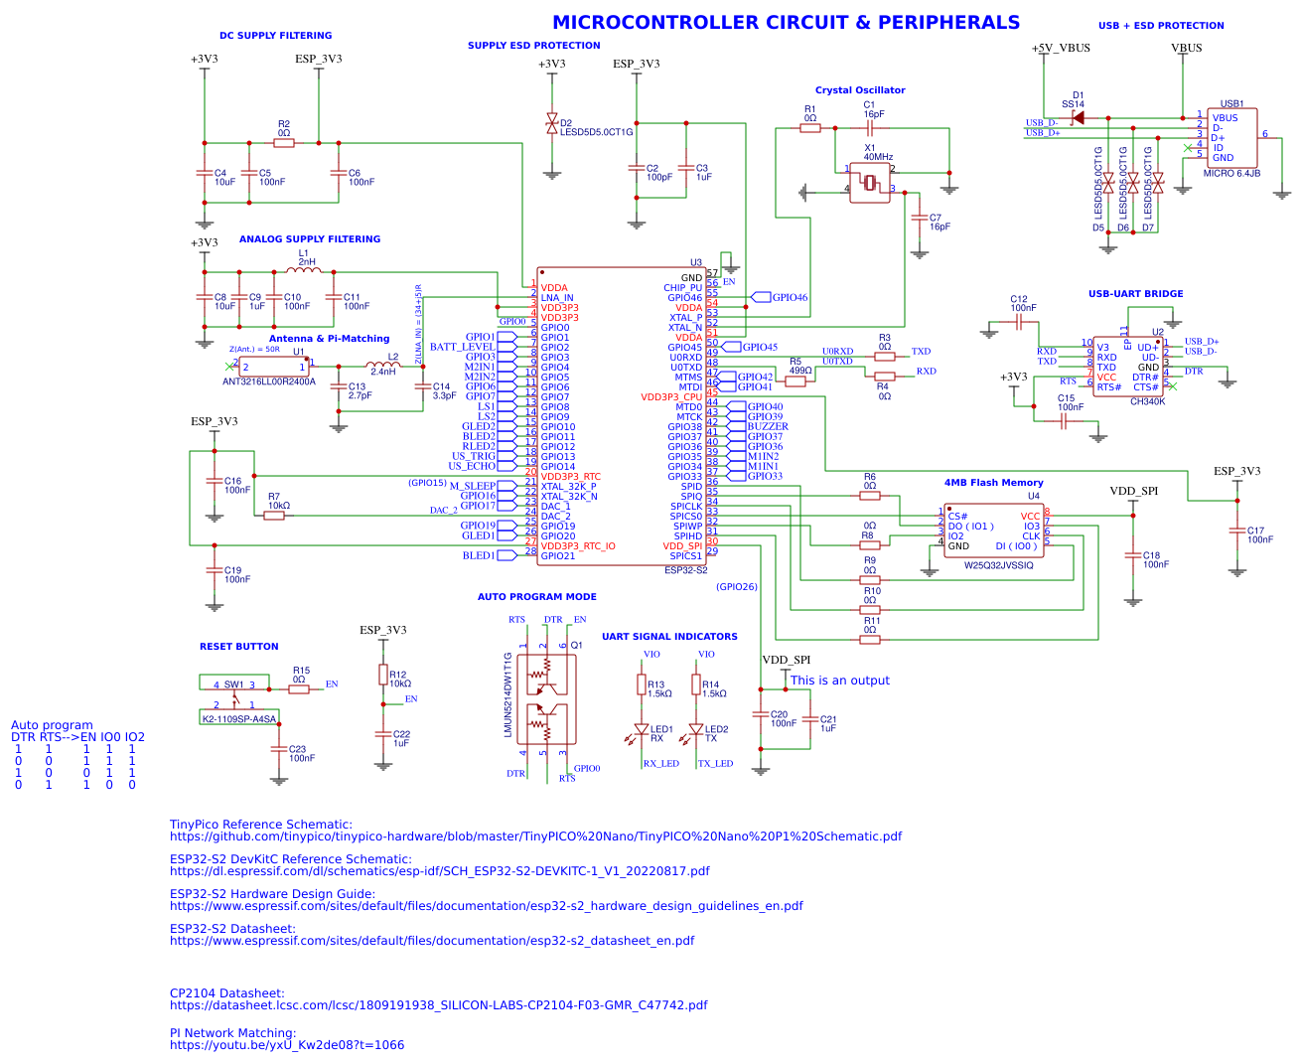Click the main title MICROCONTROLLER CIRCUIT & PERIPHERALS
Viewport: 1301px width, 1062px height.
pos(786,23)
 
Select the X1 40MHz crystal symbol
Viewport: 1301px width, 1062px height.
pos(870,183)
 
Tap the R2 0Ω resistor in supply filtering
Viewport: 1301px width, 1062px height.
pos(284,143)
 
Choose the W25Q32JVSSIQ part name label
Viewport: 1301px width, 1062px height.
pos(999,565)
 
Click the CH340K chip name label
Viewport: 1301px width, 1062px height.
pos(1147,401)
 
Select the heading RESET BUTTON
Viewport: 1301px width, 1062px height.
pos(239,647)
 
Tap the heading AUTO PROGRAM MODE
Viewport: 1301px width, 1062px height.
pos(537,597)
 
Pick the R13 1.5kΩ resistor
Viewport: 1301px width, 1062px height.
pos(641,685)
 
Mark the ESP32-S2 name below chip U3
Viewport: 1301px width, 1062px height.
pos(685,570)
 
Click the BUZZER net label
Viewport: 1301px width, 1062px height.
pos(768,426)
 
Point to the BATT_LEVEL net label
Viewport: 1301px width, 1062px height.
pos(462,347)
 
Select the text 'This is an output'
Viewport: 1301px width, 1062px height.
pos(840,681)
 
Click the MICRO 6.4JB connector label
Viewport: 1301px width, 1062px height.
pos(1231,173)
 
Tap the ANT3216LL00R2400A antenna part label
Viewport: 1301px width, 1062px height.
pos(269,381)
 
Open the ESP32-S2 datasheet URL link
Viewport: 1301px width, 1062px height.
pos(432,941)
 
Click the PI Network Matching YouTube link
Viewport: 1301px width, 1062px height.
pos(287,1045)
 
